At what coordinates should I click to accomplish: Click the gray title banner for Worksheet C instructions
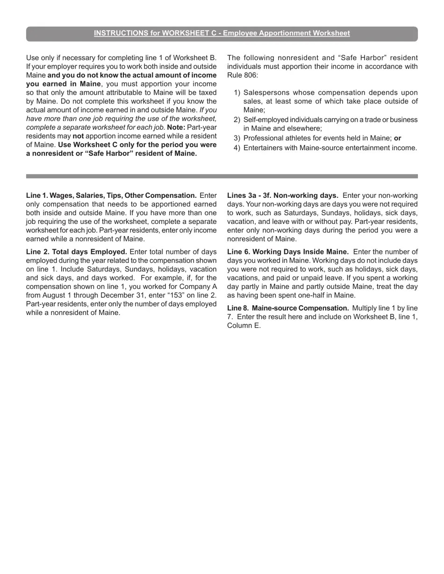point(222,33)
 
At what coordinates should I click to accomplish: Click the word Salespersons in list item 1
point(265,92)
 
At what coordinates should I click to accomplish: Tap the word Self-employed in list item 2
point(265,119)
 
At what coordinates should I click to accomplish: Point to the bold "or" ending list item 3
point(397,138)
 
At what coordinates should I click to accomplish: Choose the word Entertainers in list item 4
point(264,148)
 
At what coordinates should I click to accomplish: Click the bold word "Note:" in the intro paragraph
point(176,127)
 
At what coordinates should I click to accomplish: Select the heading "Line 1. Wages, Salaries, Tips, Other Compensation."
point(111,196)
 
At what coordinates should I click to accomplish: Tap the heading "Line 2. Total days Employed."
point(77,252)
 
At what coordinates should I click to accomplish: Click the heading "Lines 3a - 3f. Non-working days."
point(283,196)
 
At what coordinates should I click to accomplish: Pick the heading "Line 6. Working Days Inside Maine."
point(288,252)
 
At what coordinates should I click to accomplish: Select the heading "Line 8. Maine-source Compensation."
point(288,308)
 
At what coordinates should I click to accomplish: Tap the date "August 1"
point(60,295)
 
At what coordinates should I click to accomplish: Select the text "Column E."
point(244,326)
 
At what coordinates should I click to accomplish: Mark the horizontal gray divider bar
point(222,176)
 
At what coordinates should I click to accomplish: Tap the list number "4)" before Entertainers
point(236,148)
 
